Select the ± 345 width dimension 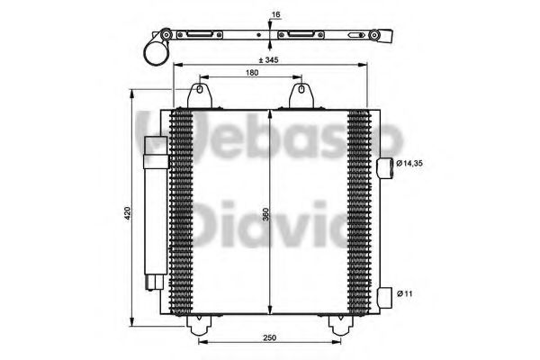pyautogui.click(x=268, y=59)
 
